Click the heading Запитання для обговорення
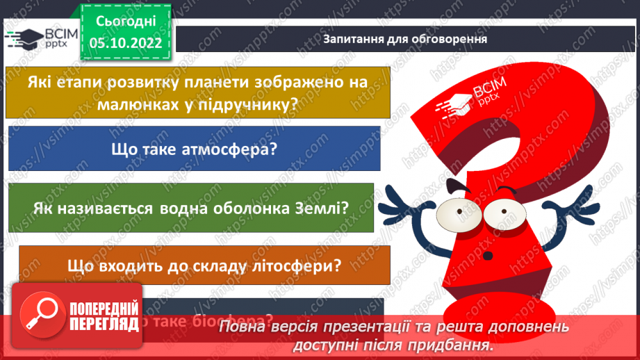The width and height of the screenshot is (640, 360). click(404, 39)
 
